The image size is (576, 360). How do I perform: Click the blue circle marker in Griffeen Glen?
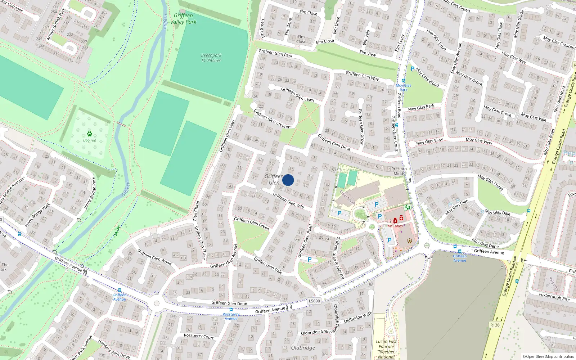pos(288,180)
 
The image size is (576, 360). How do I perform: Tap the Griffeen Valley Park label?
pos(183,19)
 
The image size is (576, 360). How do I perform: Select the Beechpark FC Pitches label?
pos(211,58)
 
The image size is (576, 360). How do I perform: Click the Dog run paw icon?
pos(90,134)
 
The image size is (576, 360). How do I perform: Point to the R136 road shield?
pos(495,325)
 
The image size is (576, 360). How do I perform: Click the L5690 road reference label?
pos(314,301)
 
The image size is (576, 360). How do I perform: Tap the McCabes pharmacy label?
pos(395,226)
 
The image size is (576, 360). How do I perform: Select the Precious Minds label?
pos(399,171)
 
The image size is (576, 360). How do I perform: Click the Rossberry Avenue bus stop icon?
pos(231,310)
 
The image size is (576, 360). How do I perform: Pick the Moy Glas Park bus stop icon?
pos(403,81)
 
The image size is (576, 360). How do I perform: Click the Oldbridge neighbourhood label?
pos(303,348)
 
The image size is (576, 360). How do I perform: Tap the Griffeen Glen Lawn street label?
pos(297,94)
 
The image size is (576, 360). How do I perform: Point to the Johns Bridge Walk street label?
pos(38,215)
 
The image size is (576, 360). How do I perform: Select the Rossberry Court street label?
pos(199,336)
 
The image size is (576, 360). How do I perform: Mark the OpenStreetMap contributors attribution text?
pos(548,356)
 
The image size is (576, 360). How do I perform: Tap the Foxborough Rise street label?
pos(554,297)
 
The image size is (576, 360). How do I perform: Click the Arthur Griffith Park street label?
pos(56,24)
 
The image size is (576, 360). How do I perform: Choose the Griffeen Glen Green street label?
pos(252,223)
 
